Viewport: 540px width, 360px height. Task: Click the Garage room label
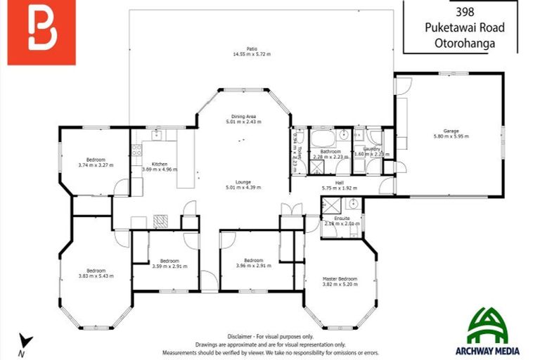click(451, 131)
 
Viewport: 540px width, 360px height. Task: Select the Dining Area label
click(243, 117)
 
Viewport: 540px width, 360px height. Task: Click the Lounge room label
click(243, 182)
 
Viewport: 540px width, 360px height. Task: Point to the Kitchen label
click(160, 164)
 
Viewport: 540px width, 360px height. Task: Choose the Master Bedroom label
click(340, 279)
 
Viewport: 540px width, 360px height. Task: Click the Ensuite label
click(342, 219)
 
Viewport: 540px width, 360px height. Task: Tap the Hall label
click(340, 183)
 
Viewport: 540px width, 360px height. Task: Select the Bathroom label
click(330, 152)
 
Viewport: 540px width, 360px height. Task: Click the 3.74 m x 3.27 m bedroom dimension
click(96, 166)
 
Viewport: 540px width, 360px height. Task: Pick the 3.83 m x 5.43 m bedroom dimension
click(96, 276)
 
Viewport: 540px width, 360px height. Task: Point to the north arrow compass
click(25, 344)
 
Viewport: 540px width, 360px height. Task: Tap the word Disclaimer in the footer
click(242, 336)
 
